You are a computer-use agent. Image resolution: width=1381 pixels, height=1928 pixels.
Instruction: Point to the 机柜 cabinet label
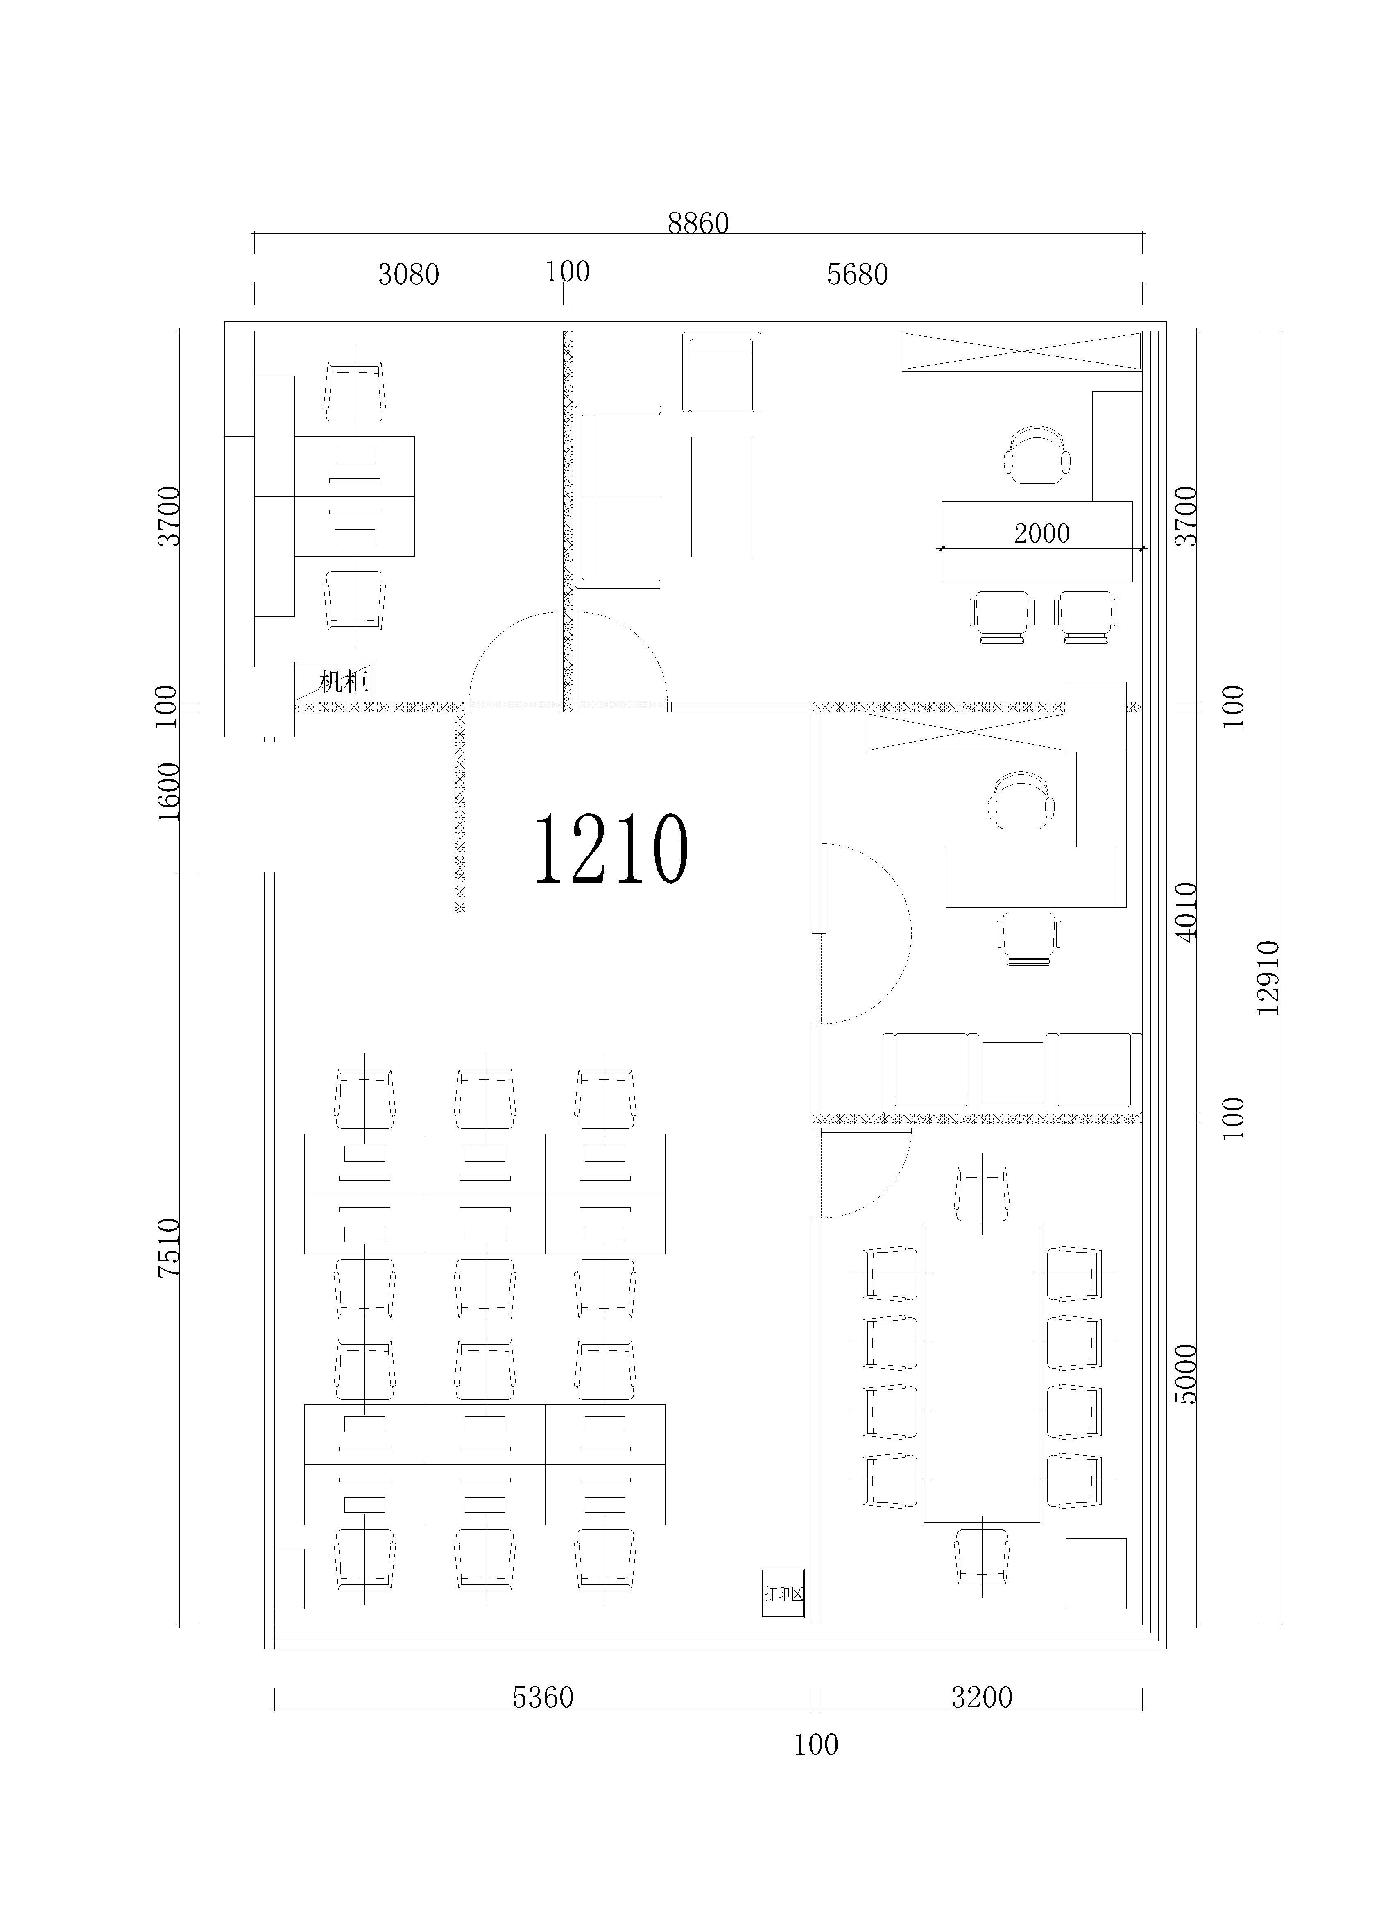[343, 681]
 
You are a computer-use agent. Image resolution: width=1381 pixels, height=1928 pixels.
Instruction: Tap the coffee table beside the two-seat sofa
[721, 496]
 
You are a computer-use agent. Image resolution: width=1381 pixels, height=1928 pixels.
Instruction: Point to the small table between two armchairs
[1012, 1073]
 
